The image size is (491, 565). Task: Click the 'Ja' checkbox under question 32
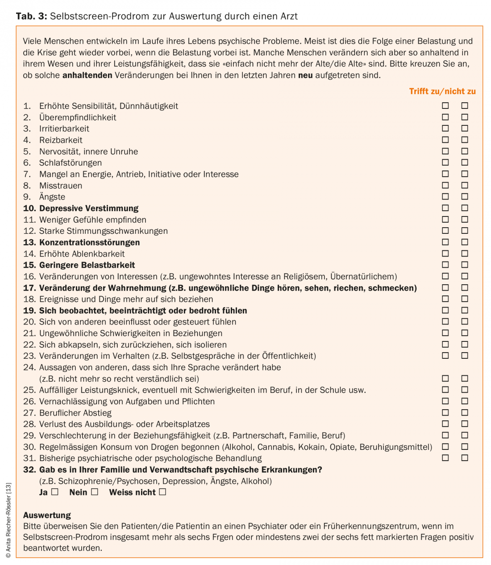tap(55, 492)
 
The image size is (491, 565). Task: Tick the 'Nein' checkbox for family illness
tap(95, 492)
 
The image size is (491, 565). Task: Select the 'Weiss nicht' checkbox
tap(162, 492)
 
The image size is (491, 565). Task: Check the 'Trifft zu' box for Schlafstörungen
tap(445, 162)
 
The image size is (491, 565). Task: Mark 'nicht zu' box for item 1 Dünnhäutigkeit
tap(465, 106)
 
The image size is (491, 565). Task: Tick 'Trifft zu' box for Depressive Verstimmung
tap(445, 208)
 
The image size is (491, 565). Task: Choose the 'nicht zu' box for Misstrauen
tap(465, 185)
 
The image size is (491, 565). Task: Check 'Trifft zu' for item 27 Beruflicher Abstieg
tap(445, 412)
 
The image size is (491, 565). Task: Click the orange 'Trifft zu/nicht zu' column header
tap(442, 91)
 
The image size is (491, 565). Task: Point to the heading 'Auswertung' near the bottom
tap(47, 515)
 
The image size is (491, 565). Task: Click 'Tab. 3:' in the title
tap(31, 17)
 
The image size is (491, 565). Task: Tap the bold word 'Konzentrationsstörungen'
tap(89, 242)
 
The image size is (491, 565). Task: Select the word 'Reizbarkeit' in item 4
tap(61, 140)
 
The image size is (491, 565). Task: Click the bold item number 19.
tap(29, 311)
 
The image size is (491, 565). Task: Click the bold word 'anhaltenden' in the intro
tap(87, 75)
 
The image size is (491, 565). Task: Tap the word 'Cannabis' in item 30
tap(275, 447)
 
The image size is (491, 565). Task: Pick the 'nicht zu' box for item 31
tap(465, 458)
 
